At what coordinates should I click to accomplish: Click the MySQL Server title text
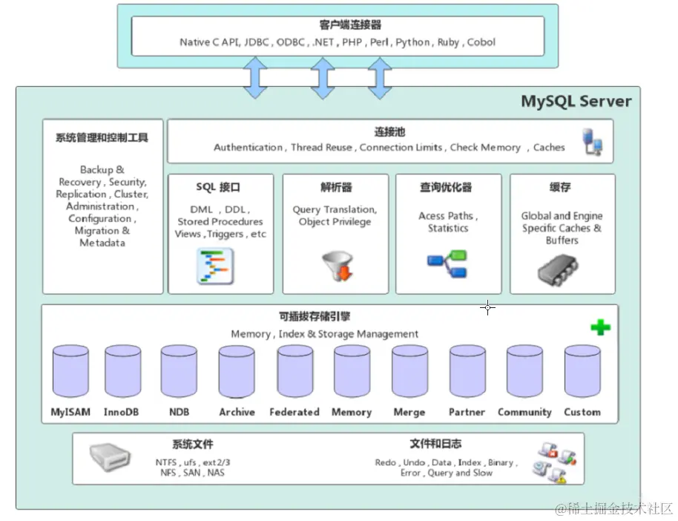pyautogui.click(x=576, y=102)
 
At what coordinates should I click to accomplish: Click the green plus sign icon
pyautogui.click(x=600, y=327)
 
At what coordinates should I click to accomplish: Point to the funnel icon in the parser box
pyautogui.click(x=336, y=266)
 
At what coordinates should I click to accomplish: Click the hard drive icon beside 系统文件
pyautogui.click(x=110, y=459)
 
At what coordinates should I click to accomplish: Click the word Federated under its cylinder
pyautogui.click(x=294, y=412)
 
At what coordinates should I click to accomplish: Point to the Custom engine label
pyautogui.click(x=582, y=412)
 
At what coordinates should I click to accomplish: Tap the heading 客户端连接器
pyautogui.click(x=335, y=25)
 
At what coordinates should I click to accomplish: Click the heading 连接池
pyautogui.click(x=389, y=132)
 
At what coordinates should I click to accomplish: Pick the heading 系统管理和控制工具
pyautogui.click(x=102, y=138)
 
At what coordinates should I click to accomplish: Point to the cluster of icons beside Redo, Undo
pyautogui.click(x=556, y=462)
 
